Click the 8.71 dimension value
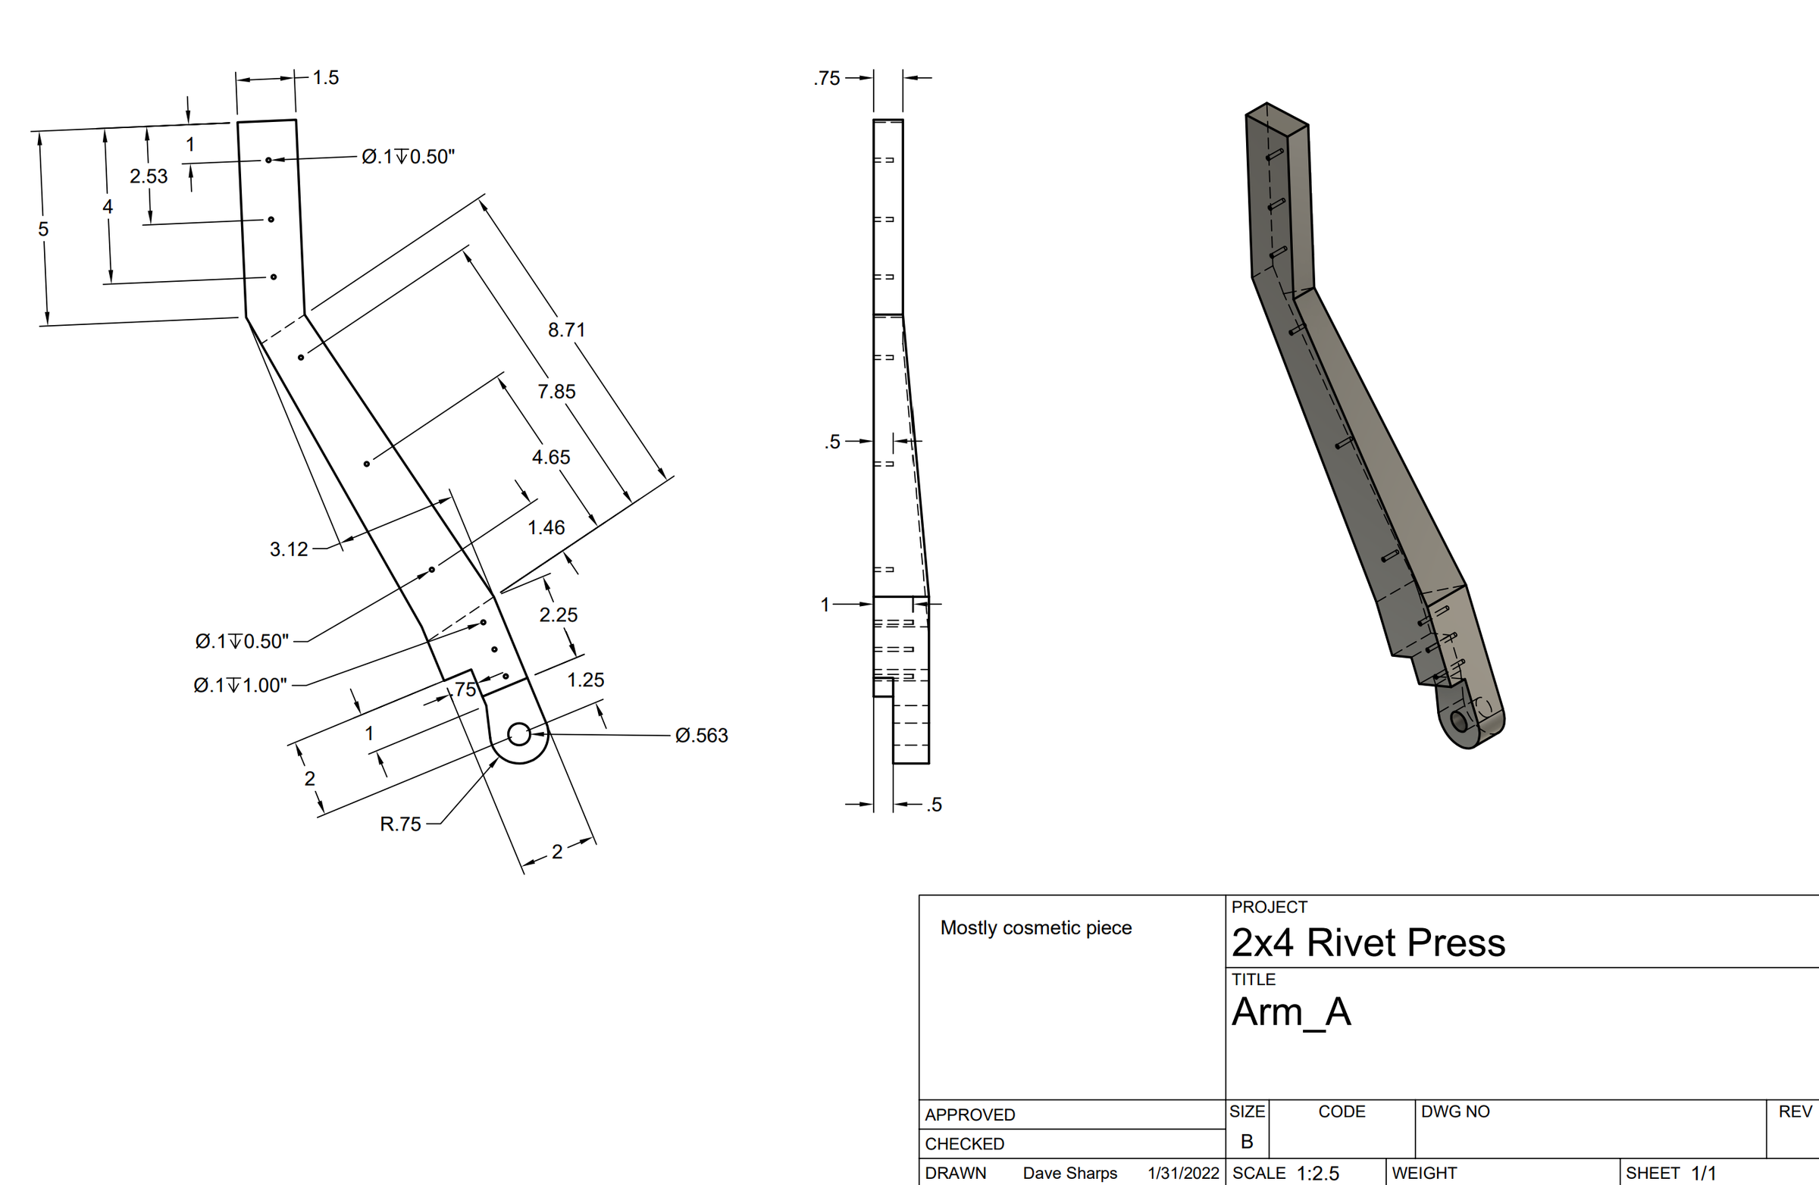click(x=566, y=330)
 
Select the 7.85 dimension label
click(x=556, y=392)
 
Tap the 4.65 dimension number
click(x=551, y=458)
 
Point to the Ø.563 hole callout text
click(x=702, y=736)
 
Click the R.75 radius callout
click(x=400, y=824)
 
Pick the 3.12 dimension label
click(x=289, y=549)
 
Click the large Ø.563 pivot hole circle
click(x=519, y=734)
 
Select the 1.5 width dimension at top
click(x=326, y=78)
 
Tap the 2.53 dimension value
click(x=149, y=177)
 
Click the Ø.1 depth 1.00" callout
click(x=241, y=686)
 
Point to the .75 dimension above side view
click(x=827, y=79)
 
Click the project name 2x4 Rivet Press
click(x=1368, y=943)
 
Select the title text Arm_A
click(x=1291, y=1012)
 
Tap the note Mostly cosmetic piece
click(x=1035, y=928)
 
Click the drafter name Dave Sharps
click(x=1070, y=1174)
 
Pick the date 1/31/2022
click(x=1183, y=1174)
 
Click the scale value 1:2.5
click(x=1317, y=1174)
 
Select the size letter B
click(x=1247, y=1142)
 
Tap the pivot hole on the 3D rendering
click(x=1458, y=721)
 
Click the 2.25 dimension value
click(x=559, y=615)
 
